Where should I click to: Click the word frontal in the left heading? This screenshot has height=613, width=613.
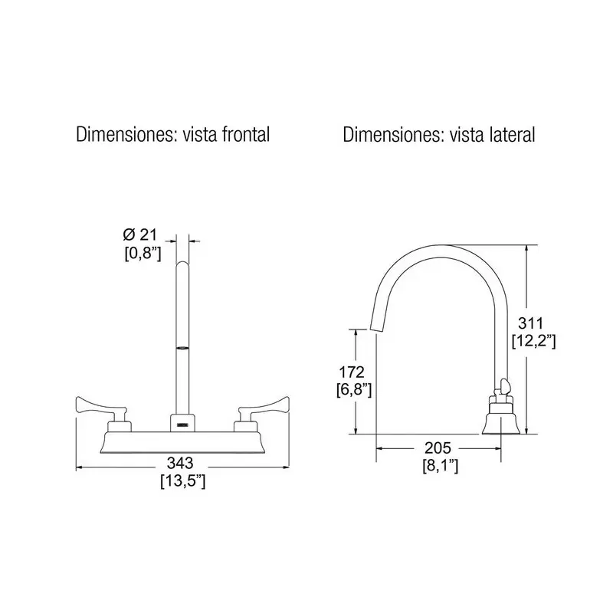[246, 135]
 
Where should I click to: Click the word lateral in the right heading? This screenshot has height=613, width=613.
[512, 135]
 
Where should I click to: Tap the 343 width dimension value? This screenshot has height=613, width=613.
[180, 463]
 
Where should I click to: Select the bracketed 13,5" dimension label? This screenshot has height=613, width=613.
[182, 481]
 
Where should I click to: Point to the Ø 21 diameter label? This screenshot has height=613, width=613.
[139, 234]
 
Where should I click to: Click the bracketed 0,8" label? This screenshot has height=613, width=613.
[143, 253]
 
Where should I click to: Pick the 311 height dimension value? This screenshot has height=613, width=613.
[530, 323]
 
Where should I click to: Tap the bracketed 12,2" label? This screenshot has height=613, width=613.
[533, 341]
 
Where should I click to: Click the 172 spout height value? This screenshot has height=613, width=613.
[352, 372]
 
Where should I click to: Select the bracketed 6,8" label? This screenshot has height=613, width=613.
[354, 390]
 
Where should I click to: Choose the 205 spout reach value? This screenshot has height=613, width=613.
[438, 447]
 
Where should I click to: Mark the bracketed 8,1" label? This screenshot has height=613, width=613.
[440, 466]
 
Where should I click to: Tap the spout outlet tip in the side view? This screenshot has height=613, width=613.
[375, 330]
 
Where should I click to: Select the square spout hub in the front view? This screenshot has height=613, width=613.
[182, 423]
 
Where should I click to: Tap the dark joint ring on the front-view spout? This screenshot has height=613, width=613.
[182, 347]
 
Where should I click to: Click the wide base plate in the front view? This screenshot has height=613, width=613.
[182, 442]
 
